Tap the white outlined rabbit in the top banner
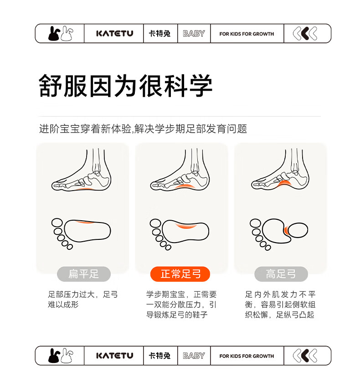(67, 33)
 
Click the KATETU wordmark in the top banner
(114, 33)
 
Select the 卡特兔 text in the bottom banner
(159, 356)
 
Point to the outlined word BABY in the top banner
(194, 33)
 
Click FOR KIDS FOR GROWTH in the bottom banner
(247, 356)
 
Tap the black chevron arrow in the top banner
(305, 33)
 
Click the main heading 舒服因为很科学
(125, 86)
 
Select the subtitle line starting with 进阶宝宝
(143, 129)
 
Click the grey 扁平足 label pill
(83, 274)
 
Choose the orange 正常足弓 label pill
(180, 274)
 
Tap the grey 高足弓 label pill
(281, 274)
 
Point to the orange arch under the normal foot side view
(185, 186)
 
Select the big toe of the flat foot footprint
(57, 223)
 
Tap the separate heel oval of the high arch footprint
(298, 230)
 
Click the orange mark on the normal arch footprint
(186, 226)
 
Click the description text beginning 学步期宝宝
(181, 305)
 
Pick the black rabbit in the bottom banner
(54, 356)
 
